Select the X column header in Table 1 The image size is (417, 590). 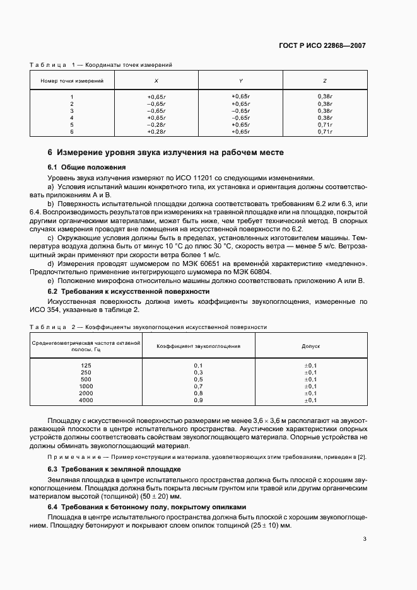tap(156, 81)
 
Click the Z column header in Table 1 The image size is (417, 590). tap(324, 81)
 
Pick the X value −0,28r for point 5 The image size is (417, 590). tap(156, 124)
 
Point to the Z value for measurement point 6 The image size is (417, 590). tap(324, 132)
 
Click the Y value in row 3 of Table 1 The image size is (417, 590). tap(240, 110)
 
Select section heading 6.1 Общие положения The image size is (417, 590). tap(87, 167)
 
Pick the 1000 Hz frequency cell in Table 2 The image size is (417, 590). tap(86, 386)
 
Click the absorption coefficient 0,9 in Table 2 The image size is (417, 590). tap(198, 400)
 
